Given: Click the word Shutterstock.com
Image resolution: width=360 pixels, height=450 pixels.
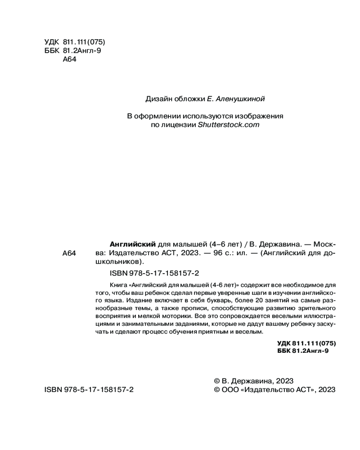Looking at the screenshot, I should (229, 126).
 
